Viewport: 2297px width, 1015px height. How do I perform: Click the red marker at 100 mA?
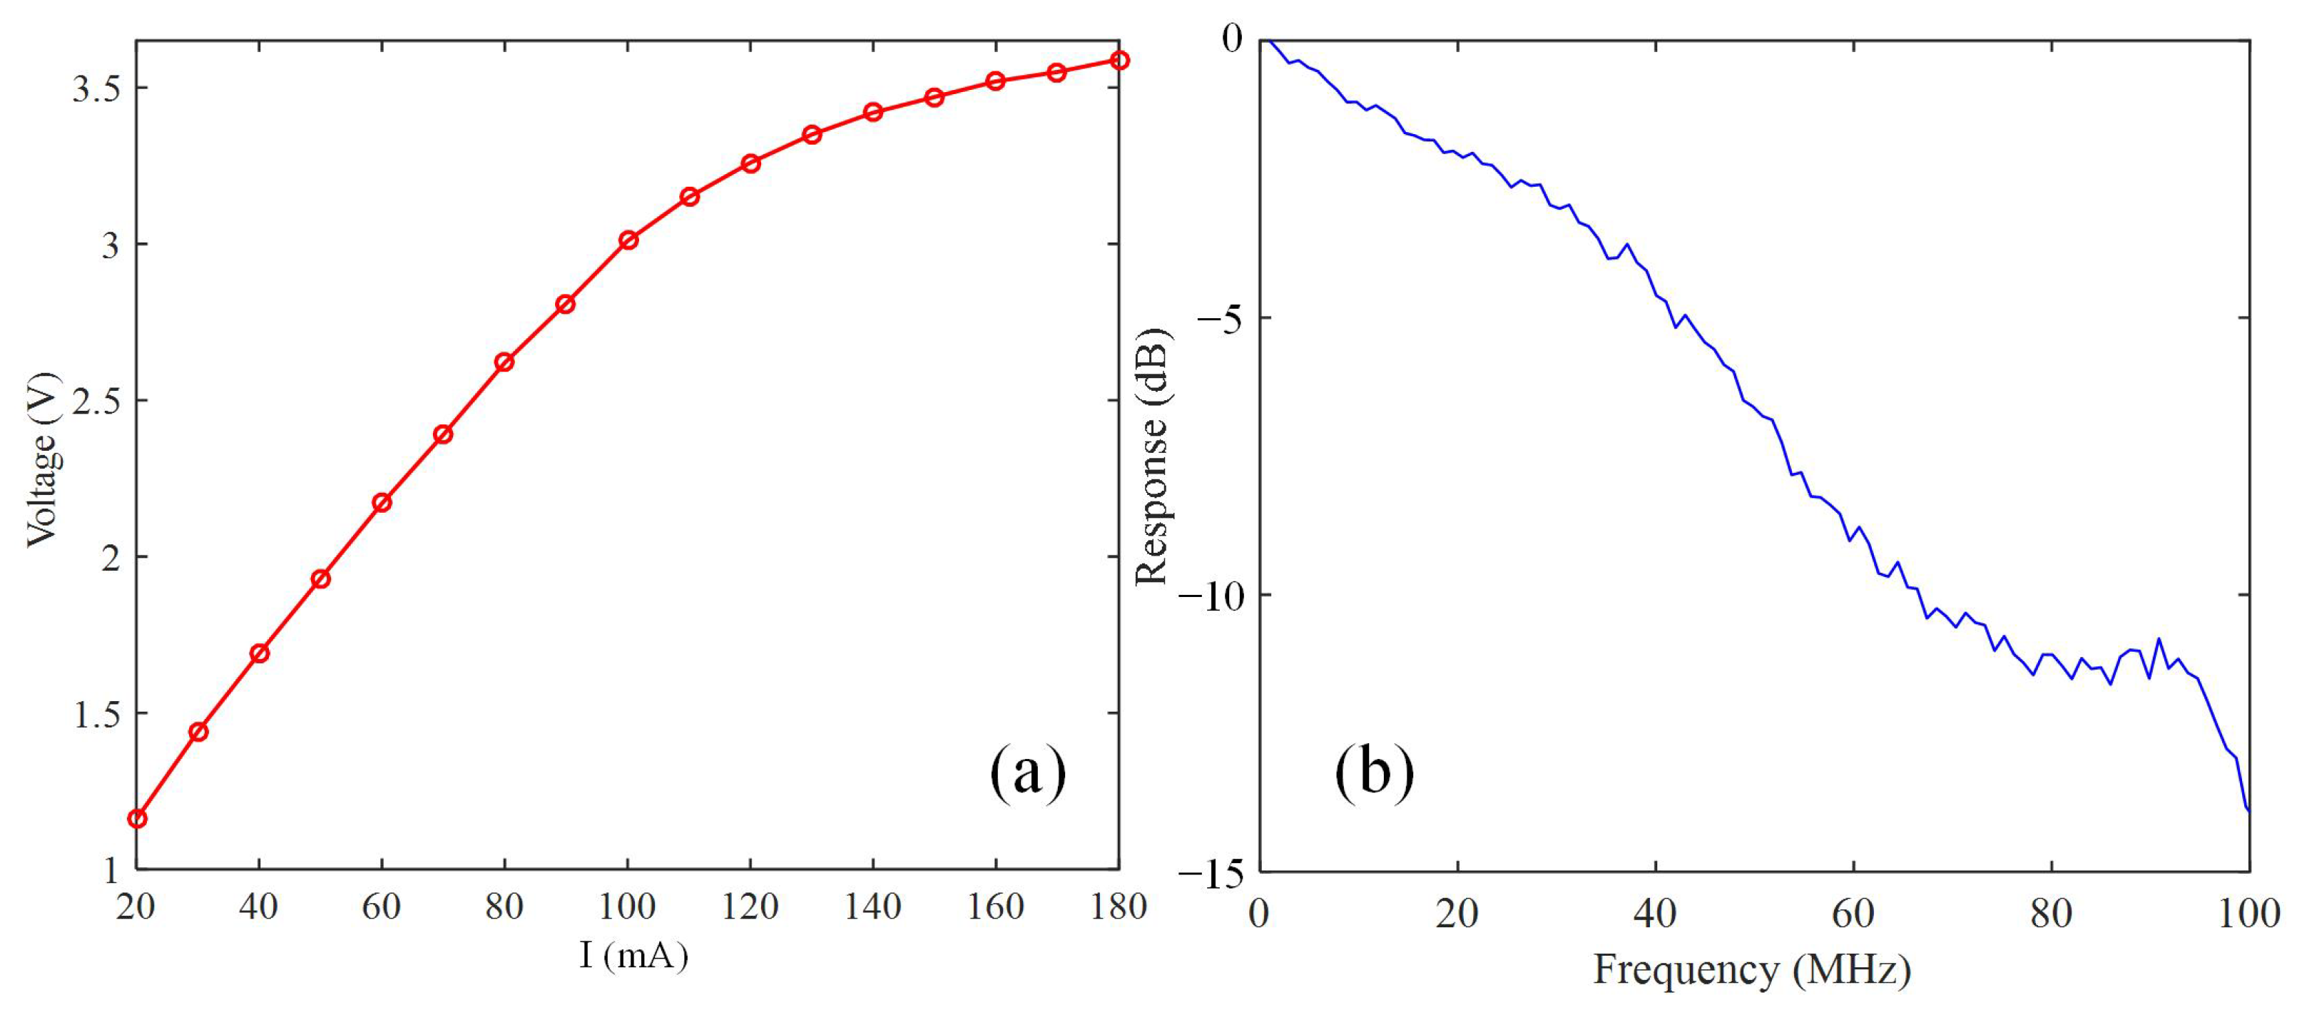(x=628, y=240)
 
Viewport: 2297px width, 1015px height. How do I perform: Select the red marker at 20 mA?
(x=137, y=819)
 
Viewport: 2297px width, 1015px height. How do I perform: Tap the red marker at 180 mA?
(x=1120, y=60)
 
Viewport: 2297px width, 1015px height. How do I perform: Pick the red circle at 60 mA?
(x=382, y=502)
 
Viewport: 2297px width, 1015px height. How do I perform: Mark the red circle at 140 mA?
(x=873, y=111)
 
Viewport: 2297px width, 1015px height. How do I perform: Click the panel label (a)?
(x=1027, y=772)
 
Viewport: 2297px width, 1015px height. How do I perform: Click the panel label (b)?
(x=1373, y=772)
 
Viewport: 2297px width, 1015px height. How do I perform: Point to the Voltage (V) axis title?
(x=41, y=459)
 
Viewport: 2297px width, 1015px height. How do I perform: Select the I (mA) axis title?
(x=633, y=956)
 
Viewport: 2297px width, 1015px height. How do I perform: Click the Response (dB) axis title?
(x=1152, y=457)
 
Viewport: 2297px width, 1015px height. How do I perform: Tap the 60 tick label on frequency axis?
(x=1853, y=913)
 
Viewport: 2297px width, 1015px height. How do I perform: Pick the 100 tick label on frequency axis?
(x=2248, y=913)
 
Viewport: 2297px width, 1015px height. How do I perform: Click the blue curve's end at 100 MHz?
(x=2248, y=810)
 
